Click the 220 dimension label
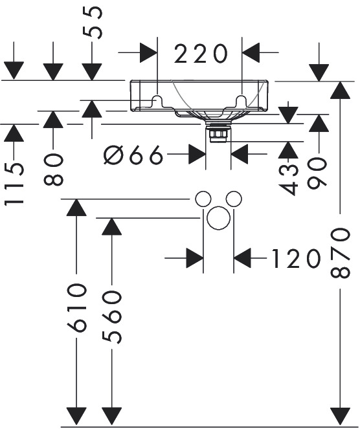click(x=201, y=54)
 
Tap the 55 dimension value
click(x=93, y=23)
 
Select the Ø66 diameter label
click(x=133, y=155)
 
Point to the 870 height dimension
click(x=341, y=254)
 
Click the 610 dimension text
click(x=76, y=308)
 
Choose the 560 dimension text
click(x=112, y=317)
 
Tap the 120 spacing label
click(x=296, y=258)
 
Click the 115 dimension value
click(x=14, y=184)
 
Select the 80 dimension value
click(x=53, y=169)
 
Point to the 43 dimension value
click(x=288, y=180)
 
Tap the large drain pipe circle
click(x=218, y=218)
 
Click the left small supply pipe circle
click(x=203, y=199)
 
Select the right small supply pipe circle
click(x=234, y=199)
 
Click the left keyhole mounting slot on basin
click(x=157, y=100)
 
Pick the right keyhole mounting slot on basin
click(x=242, y=100)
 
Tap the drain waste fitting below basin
click(x=218, y=133)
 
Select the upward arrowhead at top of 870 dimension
click(x=341, y=90)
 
